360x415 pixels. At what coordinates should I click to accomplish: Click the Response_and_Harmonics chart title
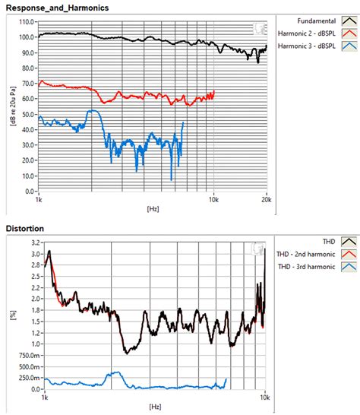click(57, 7)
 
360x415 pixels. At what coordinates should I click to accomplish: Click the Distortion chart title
click(26, 228)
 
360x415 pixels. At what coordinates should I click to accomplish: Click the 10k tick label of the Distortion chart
click(265, 398)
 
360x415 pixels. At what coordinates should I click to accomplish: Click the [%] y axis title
click(13, 315)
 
